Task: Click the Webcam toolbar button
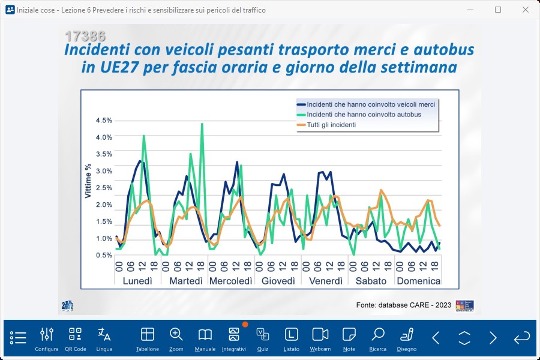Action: [320, 339]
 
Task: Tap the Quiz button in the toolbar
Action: [263, 339]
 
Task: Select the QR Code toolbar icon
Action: [76, 339]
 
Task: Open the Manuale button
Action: [205, 339]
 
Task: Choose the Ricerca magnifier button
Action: [378, 339]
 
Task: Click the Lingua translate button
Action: [104, 339]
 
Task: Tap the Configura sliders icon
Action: [47, 339]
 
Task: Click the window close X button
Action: [526, 10]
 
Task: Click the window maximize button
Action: [498, 10]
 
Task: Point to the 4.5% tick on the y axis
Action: [104, 121]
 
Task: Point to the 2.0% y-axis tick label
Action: [104, 205]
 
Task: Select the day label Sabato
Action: [371, 281]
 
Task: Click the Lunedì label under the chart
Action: [137, 281]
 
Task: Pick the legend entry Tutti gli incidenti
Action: [331, 125]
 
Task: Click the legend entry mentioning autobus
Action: [364, 115]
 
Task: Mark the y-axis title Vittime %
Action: [88, 181]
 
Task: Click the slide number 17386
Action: [85, 35]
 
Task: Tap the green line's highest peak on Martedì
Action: [202, 124]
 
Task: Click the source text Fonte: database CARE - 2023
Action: [403, 305]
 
